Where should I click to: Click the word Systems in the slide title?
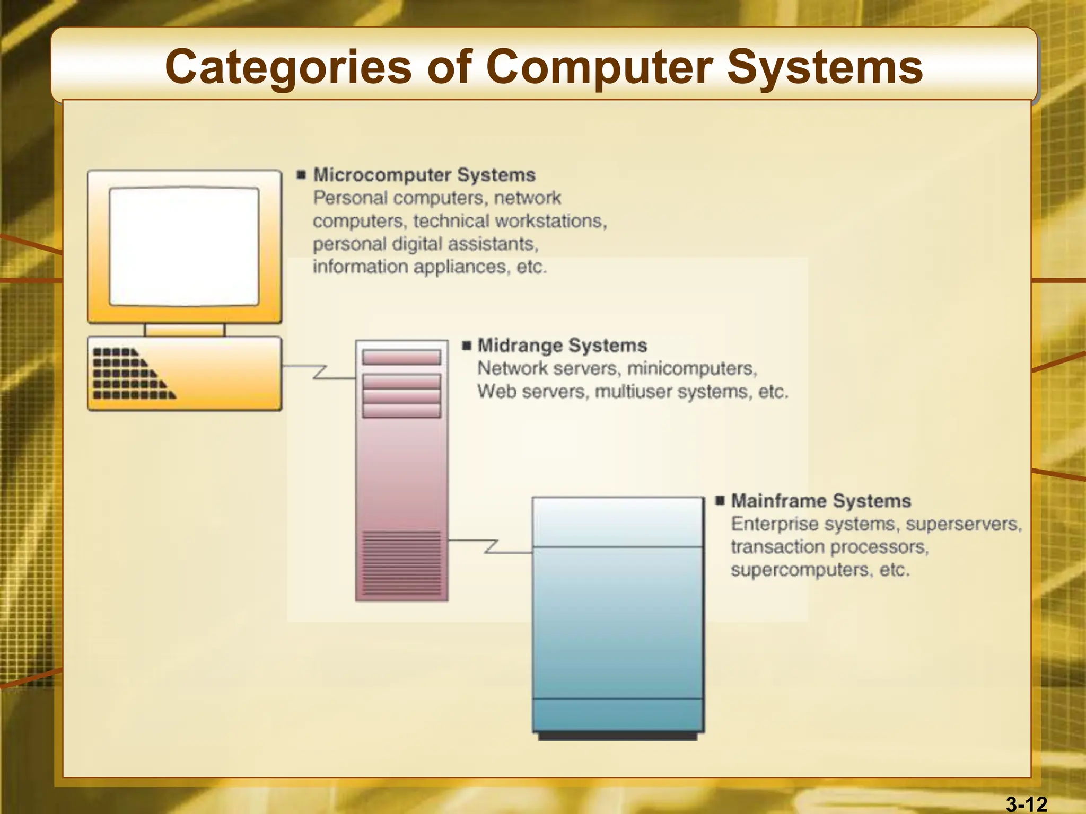[825, 67]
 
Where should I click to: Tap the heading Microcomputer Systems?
[424, 175]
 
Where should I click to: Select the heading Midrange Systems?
[562, 346]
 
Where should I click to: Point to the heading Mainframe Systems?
[821, 501]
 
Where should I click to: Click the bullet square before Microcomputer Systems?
[302, 175]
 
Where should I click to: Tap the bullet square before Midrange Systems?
[467, 346]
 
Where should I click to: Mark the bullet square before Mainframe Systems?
[720, 501]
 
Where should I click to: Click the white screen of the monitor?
[184, 246]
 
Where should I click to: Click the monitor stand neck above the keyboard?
[185, 330]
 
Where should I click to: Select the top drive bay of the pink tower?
[401, 358]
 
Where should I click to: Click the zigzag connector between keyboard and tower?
[319, 371]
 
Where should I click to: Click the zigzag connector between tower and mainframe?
[491, 546]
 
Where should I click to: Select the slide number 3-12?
[1027, 804]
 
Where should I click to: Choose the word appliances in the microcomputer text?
[460, 267]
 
